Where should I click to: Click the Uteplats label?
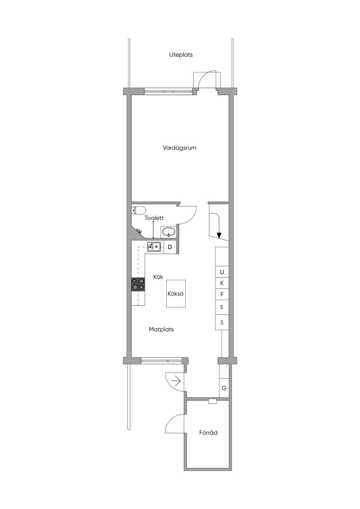tap(181, 55)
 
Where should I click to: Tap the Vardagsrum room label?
tap(179, 148)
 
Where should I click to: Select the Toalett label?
tap(154, 218)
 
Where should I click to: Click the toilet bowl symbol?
tap(138, 210)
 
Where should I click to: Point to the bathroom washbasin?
tap(168, 232)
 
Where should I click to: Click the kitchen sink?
tap(154, 247)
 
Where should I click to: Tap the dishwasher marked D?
tap(170, 247)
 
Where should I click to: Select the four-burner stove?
tap(138, 284)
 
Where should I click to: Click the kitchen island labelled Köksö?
tap(176, 294)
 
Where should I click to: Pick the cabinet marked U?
tap(222, 272)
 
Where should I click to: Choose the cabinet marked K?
tap(222, 283)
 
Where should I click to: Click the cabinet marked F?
tap(222, 295)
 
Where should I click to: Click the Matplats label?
tap(161, 329)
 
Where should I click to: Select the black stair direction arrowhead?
tap(219, 236)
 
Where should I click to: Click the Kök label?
tap(158, 277)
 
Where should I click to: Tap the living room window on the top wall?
tap(168, 91)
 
